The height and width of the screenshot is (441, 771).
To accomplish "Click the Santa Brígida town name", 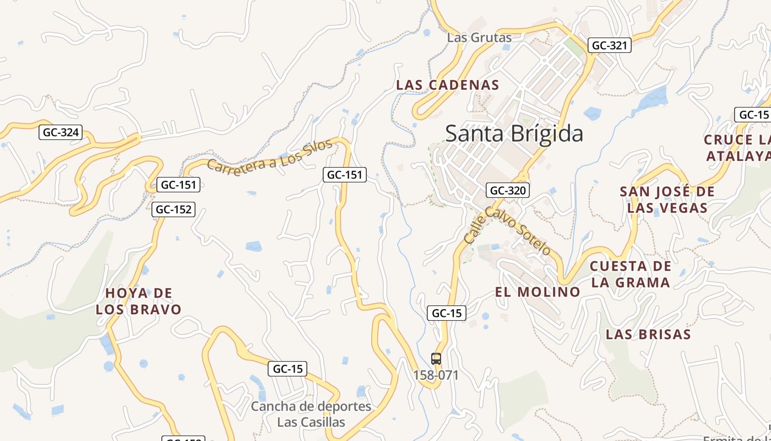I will click(514, 134).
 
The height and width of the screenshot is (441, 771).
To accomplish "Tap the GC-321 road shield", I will click(609, 46).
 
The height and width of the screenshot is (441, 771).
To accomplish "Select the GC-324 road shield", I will click(61, 132).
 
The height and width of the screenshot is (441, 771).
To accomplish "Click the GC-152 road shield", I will click(174, 209).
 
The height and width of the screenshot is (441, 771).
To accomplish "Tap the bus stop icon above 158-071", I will click(436, 359).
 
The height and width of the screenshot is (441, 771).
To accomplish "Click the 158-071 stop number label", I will click(436, 375).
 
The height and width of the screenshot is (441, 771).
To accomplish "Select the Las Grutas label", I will click(479, 37).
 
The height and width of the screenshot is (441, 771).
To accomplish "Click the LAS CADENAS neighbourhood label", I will click(447, 85).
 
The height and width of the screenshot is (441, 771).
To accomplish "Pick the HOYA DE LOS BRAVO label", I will click(139, 301).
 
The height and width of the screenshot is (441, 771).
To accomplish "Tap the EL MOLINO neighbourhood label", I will click(537, 292).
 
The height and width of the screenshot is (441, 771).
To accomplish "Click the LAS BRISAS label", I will click(648, 334).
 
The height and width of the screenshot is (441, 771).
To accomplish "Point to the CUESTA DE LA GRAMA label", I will click(630, 274).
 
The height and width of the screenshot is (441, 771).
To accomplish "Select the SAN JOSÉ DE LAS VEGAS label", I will click(667, 200).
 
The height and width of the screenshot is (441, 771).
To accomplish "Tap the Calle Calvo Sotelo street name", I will click(507, 229).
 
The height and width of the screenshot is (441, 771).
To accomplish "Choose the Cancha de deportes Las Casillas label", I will click(311, 415).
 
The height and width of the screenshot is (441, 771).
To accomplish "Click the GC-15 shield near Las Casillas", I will click(287, 369).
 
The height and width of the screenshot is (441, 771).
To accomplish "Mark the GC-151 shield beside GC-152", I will click(178, 185).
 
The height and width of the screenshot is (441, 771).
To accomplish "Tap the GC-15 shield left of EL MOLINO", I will click(447, 313).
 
